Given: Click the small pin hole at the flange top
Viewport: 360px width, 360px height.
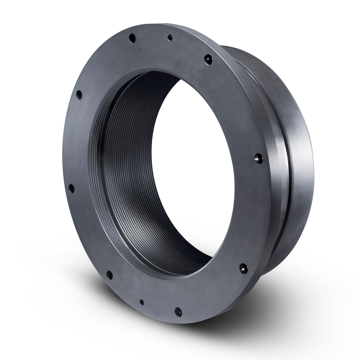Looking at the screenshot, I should (170, 38).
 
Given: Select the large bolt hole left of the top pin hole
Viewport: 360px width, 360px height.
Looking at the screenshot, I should (131, 38).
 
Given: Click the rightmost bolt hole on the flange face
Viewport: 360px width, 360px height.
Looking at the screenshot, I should (258, 157).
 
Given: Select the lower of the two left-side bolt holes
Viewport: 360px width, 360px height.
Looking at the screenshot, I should (71, 188).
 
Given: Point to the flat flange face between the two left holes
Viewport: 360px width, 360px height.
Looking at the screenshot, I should (75, 141).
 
